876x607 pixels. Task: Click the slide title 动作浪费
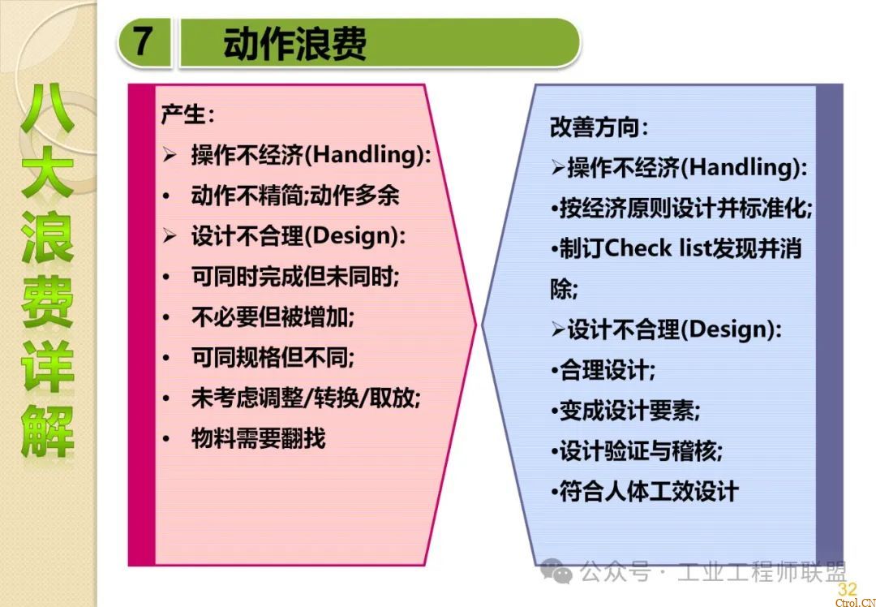point(294,44)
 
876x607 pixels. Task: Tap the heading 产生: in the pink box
point(187,114)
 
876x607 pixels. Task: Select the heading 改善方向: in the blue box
point(599,127)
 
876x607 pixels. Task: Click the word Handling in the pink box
point(366,154)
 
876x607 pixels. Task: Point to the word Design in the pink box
point(352,235)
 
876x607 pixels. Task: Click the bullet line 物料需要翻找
point(258,438)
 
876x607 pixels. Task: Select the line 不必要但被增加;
point(273,317)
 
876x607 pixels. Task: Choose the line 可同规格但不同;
point(273,357)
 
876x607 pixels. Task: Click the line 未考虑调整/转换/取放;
point(306,398)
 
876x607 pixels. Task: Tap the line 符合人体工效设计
point(649,491)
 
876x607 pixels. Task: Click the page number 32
point(847,588)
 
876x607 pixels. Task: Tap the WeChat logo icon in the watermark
point(556,571)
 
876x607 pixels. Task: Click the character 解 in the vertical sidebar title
point(48,431)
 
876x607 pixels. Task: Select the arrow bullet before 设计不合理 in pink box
point(170,236)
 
